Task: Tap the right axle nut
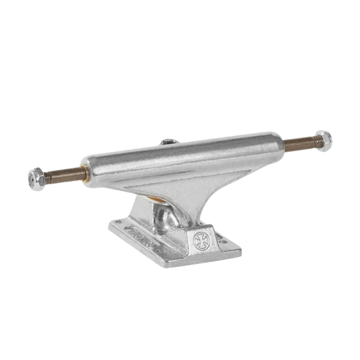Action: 323,140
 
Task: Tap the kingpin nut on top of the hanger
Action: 168,142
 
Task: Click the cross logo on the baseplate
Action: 200,240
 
